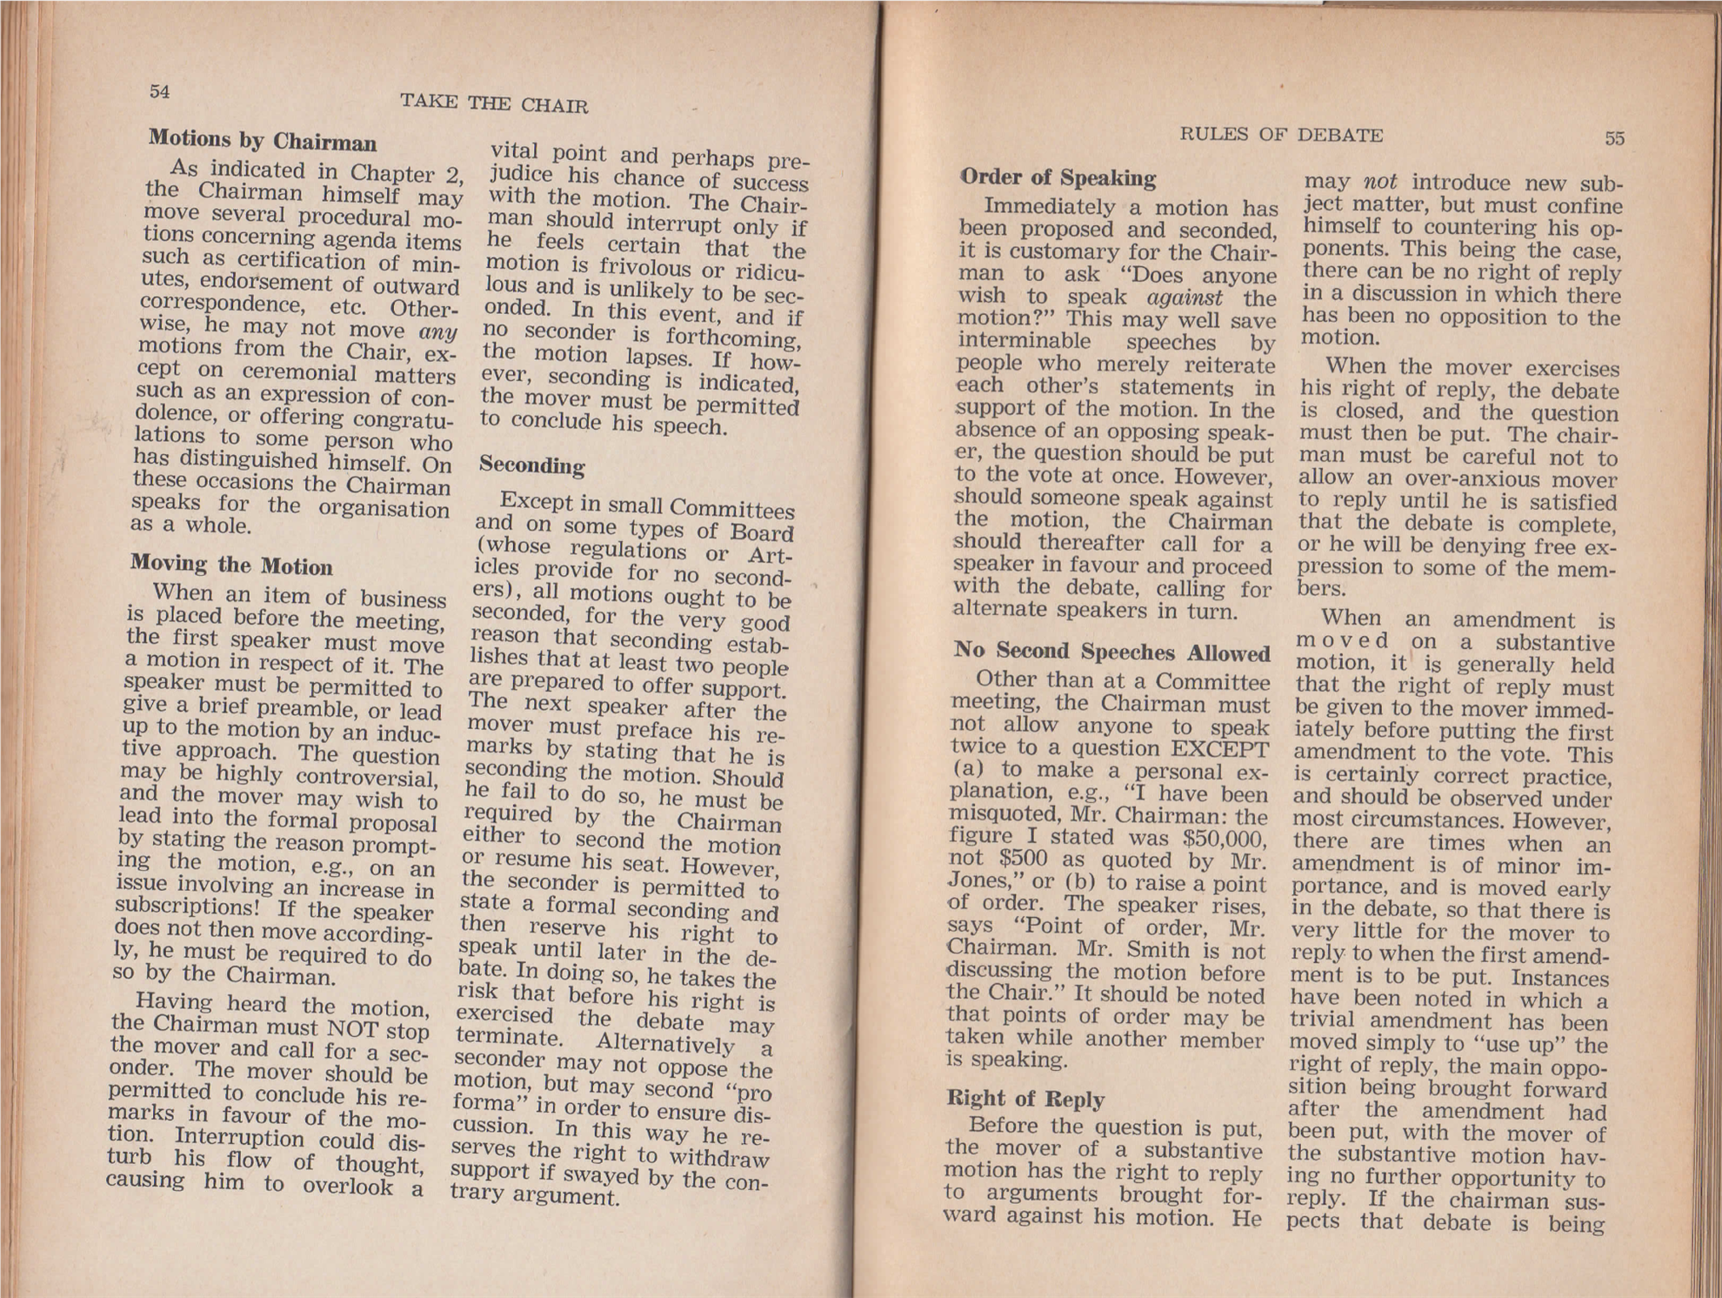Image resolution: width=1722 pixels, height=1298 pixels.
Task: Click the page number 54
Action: click(159, 91)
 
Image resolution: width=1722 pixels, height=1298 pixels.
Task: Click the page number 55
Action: click(1614, 137)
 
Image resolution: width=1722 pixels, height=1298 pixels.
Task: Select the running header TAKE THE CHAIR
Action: click(493, 104)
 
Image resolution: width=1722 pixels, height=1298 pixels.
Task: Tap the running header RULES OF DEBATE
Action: click(1280, 135)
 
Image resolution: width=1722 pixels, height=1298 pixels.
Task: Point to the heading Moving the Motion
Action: click(231, 565)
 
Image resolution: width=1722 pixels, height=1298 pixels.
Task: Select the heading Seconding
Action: click(531, 465)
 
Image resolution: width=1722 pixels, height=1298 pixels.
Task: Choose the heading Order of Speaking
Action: click(1058, 177)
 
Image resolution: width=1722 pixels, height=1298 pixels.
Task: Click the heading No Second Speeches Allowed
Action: click(1111, 652)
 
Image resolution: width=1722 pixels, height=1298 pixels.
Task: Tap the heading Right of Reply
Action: click(1025, 1098)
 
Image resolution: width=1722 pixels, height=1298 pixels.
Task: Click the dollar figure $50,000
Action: click(1224, 839)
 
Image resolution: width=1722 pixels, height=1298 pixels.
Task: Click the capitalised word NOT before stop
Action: click(352, 1028)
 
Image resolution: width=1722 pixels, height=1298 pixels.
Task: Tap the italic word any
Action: click(437, 332)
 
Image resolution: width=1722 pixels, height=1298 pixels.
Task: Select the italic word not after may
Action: click(1379, 183)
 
